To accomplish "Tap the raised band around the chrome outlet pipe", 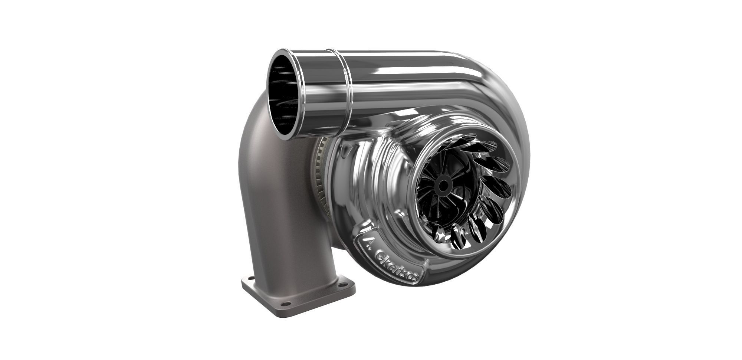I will click(x=343, y=89).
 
